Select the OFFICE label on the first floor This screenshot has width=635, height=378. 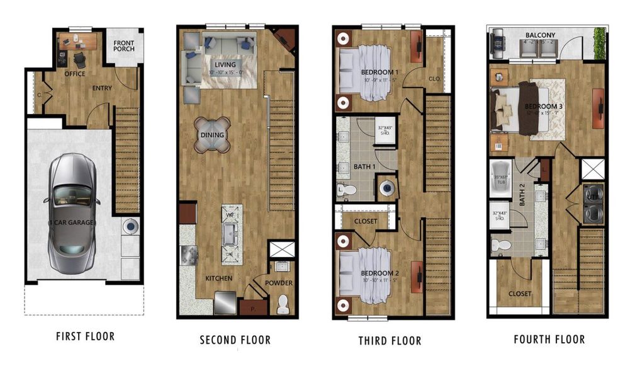(x=74, y=74)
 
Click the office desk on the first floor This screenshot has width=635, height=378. (x=79, y=42)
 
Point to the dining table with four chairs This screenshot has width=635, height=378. (x=212, y=135)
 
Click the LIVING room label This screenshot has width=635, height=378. (x=225, y=65)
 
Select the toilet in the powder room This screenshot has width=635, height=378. (x=283, y=302)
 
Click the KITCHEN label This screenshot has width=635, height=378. (x=218, y=278)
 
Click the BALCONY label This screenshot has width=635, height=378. (x=539, y=35)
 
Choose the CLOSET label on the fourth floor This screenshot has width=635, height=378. (x=520, y=294)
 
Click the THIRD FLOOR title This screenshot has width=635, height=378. (x=390, y=341)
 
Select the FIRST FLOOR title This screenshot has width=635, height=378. (x=86, y=336)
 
